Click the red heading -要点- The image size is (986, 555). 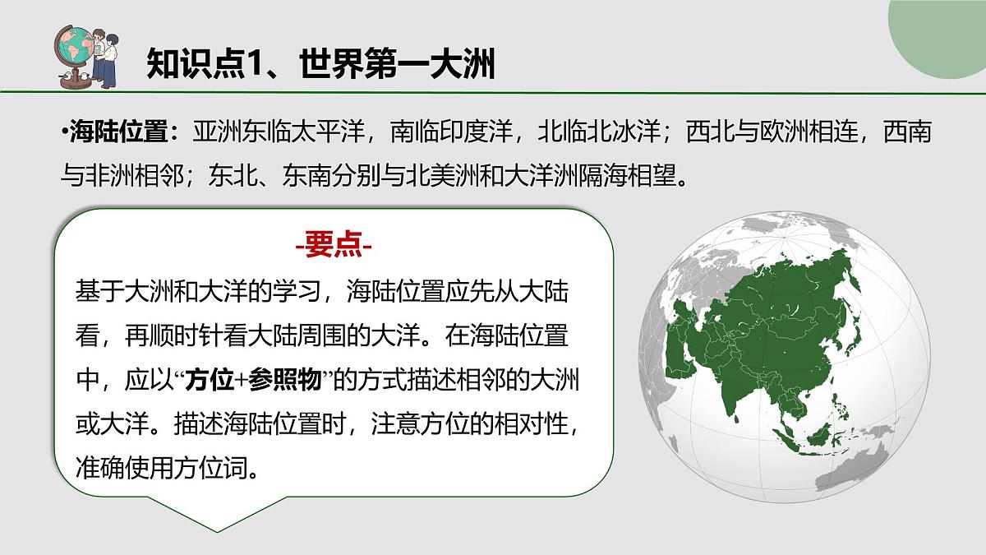coord(334,245)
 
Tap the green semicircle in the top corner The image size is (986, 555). coord(945,37)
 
